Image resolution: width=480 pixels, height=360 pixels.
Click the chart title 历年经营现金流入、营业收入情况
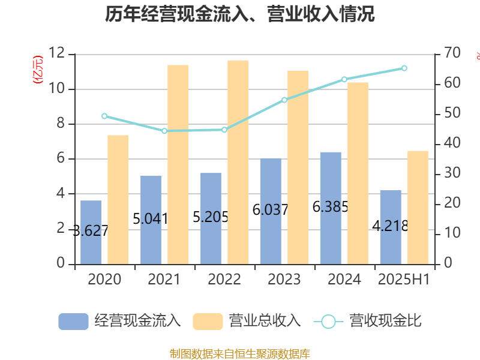[x=240, y=14]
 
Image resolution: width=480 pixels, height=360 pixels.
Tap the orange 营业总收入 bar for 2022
[x=238, y=162]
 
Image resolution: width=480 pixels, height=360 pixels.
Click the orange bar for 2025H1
[x=418, y=207]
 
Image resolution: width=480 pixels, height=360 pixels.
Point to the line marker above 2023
[x=284, y=100]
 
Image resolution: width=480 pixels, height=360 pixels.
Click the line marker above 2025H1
[x=404, y=68]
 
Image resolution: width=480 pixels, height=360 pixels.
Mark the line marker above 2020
[x=104, y=116]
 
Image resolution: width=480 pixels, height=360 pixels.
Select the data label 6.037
[x=271, y=210]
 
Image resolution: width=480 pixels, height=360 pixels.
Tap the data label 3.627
[x=91, y=230]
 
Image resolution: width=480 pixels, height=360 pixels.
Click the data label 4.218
[x=391, y=226]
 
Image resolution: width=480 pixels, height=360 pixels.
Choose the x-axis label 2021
[x=164, y=280]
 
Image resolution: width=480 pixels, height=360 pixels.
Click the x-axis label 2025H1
[x=403, y=280]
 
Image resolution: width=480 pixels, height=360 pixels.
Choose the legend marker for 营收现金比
[x=328, y=322]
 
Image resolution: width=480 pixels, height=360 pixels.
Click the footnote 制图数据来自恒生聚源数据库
[x=240, y=354]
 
